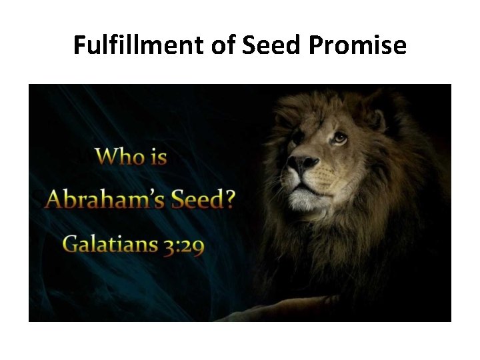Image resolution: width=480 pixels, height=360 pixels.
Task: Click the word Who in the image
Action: (x=121, y=157)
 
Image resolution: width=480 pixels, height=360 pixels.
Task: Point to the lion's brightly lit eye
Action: (x=340, y=137)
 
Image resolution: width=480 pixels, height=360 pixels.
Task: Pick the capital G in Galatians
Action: (x=71, y=244)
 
